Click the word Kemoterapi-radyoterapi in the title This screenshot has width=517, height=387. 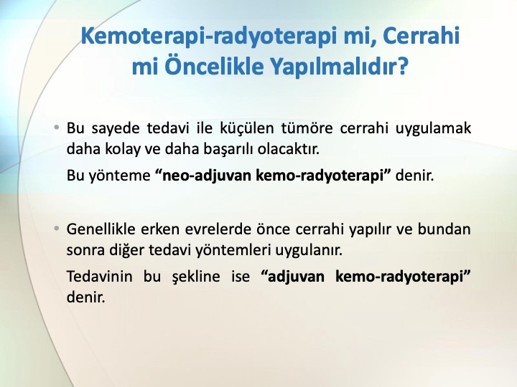pyautogui.click(x=209, y=37)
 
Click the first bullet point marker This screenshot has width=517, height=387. pyautogui.click(x=57, y=128)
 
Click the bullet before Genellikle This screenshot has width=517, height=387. pyautogui.click(x=57, y=228)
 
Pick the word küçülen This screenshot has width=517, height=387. pyautogui.click(x=247, y=129)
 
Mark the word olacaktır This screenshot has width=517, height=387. pyautogui.click(x=289, y=149)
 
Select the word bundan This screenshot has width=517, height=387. pyautogui.click(x=444, y=229)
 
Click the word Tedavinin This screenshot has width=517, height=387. pyautogui.click(x=100, y=276)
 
